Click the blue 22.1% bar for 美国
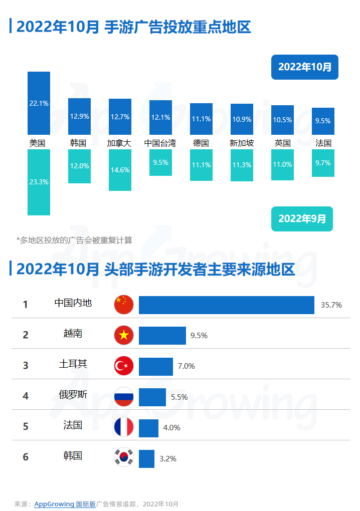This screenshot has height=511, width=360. point(39,103)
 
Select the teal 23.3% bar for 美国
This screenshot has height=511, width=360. point(39,182)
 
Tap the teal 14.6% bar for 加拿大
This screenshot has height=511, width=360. point(120,170)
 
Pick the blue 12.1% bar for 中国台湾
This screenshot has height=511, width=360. point(160,117)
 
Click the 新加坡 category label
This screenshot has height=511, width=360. point(242,143)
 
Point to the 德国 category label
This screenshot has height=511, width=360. point(201,143)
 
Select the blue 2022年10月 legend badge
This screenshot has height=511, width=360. point(305,67)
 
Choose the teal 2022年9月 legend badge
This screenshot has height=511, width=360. point(302,218)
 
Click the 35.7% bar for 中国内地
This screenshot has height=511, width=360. point(227,305)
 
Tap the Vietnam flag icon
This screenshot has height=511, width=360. point(124,335)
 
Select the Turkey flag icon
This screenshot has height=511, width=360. point(124,366)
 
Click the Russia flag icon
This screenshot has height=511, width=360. point(124,397)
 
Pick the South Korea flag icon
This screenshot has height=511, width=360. point(124,457)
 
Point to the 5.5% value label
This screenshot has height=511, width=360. point(179,397)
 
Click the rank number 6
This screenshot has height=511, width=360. point(26,457)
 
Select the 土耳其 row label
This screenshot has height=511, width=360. point(73,364)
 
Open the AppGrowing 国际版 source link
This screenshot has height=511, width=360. point(65,504)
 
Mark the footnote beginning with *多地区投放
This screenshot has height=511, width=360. point(74,240)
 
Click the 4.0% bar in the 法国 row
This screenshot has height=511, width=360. point(148,428)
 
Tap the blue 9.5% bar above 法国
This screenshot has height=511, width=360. point(323,121)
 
